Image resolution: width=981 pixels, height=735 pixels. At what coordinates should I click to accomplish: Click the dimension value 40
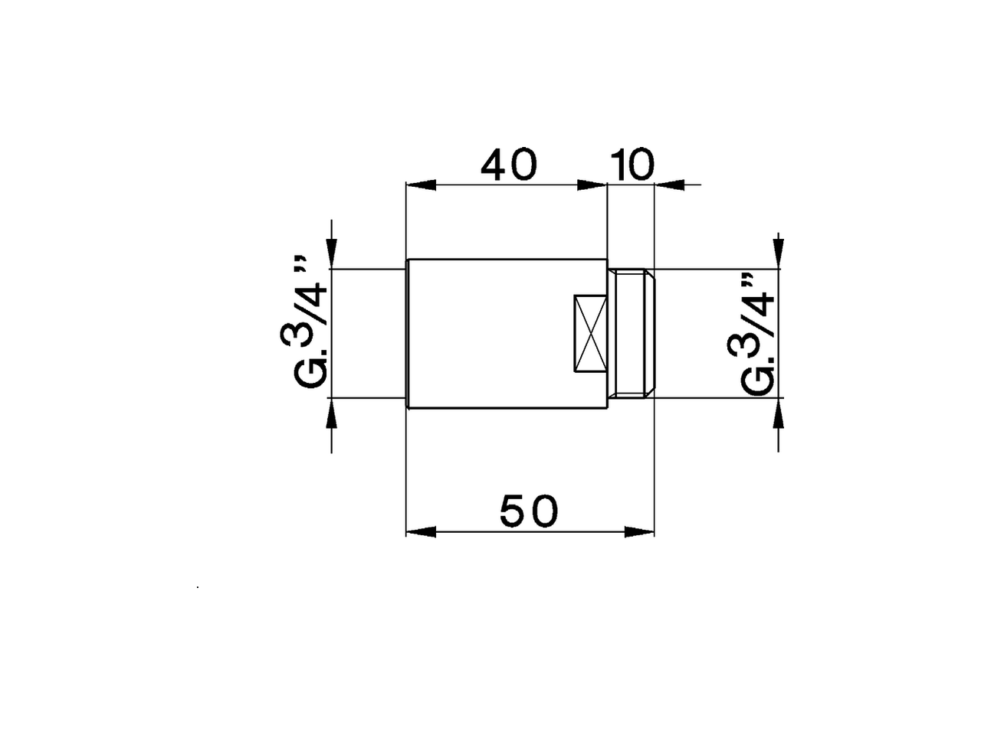(x=509, y=165)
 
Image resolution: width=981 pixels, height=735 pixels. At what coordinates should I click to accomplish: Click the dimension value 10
(x=632, y=165)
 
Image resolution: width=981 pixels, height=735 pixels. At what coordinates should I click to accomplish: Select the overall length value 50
(x=529, y=511)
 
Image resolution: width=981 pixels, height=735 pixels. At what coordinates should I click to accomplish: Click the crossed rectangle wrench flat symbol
(x=590, y=334)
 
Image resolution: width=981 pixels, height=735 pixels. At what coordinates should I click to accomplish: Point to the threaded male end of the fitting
(x=633, y=334)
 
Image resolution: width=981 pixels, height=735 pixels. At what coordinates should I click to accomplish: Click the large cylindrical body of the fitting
(x=490, y=334)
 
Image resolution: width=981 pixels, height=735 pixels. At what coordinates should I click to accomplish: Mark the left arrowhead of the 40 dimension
(x=420, y=185)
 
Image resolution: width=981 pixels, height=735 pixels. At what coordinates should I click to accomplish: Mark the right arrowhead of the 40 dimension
(x=592, y=185)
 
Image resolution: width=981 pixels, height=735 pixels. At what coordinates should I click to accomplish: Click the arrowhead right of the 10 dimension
(x=669, y=185)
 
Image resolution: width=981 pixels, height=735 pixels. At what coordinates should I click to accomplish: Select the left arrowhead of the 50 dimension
(x=420, y=531)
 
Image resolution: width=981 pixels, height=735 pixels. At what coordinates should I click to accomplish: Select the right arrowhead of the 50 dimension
(x=640, y=531)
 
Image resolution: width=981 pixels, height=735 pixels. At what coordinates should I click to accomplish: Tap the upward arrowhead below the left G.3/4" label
(x=331, y=413)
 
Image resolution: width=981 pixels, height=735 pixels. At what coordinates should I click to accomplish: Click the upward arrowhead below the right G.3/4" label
(x=779, y=413)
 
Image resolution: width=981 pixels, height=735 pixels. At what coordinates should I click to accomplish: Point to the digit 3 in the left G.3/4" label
(x=302, y=334)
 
